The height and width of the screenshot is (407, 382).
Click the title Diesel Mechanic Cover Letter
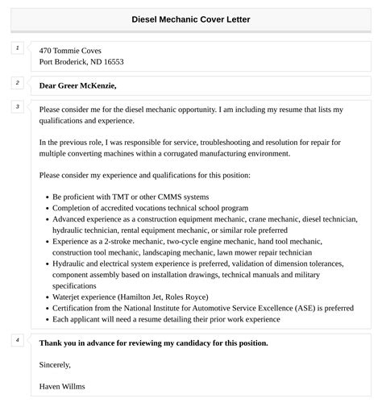click(191, 19)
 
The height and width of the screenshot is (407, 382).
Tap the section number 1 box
click(17, 49)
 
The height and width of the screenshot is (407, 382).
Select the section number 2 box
click(17, 82)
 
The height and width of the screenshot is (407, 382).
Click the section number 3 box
click(17, 106)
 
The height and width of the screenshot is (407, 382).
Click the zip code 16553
click(110, 61)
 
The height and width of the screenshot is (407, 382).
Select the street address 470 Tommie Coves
click(70, 50)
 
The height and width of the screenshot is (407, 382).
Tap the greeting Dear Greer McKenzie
click(77, 85)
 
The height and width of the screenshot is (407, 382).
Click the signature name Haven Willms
click(62, 386)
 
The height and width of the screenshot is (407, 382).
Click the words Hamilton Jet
click(146, 297)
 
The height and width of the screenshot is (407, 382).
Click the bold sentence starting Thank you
click(153, 343)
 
